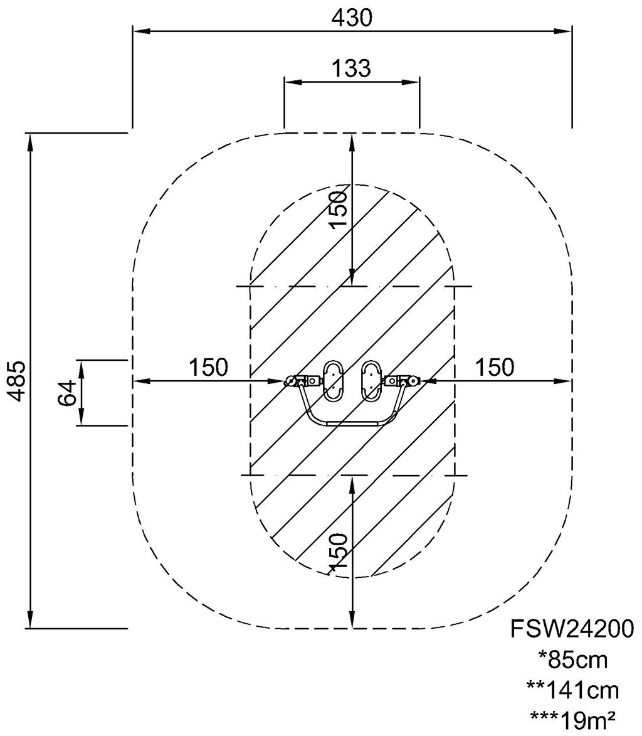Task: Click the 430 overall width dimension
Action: (352, 18)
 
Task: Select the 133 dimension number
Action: (352, 68)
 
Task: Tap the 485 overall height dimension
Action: (18, 381)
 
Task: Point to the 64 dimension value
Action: (66, 393)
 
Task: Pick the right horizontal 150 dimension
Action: (495, 367)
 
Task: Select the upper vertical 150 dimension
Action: (338, 209)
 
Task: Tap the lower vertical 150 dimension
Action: (338, 552)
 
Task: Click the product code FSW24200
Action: (572, 629)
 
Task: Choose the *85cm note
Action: (572, 659)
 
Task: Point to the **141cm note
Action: (572, 690)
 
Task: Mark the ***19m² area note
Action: (572, 718)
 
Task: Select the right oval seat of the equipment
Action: (372, 381)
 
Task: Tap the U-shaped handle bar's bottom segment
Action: (352, 424)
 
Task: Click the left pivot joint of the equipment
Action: (292, 381)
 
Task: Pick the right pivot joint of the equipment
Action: (413, 381)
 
